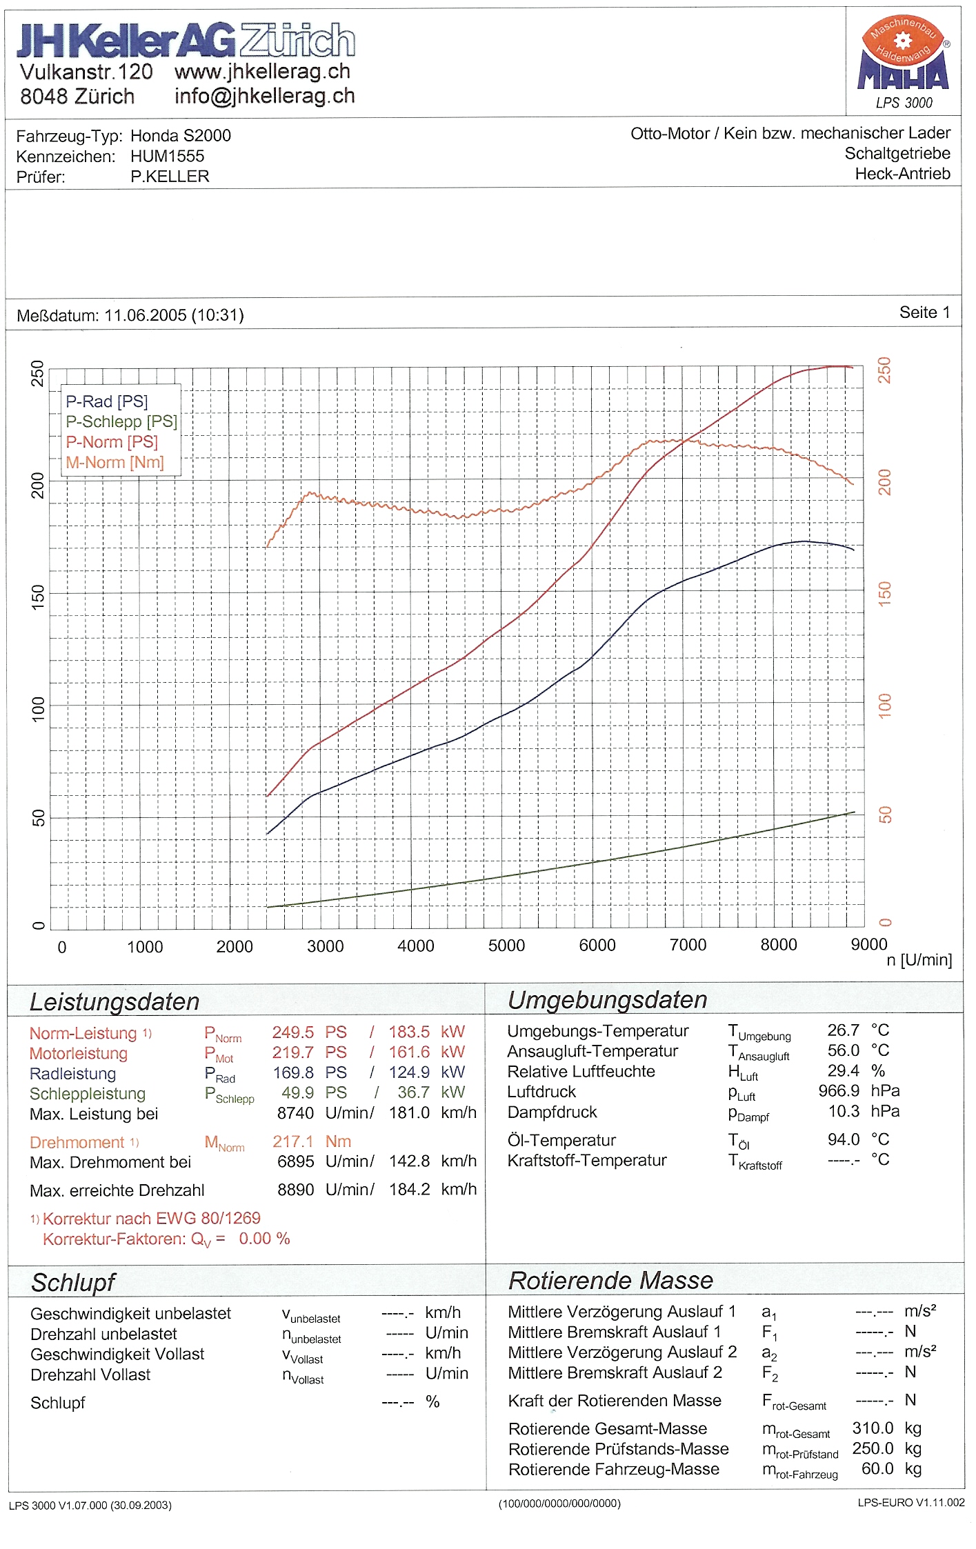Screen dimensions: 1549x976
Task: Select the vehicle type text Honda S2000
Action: tap(181, 136)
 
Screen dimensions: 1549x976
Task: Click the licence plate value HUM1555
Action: tap(168, 157)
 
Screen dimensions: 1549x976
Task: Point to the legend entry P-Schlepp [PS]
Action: tap(121, 421)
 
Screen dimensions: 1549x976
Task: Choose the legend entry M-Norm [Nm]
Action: tap(114, 462)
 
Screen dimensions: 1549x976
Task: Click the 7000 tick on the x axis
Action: tap(688, 945)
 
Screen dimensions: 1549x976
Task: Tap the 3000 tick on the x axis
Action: tap(325, 946)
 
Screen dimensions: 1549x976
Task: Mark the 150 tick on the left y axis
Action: tap(38, 594)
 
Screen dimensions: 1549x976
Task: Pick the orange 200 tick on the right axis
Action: tap(884, 482)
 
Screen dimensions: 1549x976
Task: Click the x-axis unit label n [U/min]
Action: tap(919, 960)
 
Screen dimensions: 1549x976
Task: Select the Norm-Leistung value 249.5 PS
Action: tap(309, 1032)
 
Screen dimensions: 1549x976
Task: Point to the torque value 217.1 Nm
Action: tap(312, 1141)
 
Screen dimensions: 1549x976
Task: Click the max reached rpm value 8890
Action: tap(295, 1190)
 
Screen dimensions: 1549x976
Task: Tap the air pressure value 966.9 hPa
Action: tap(858, 1091)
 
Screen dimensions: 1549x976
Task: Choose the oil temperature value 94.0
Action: tap(844, 1139)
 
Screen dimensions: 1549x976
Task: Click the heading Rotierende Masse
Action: tap(610, 1281)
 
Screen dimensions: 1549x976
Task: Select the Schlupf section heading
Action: tap(73, 1283)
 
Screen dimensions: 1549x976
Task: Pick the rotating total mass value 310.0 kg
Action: tap(886, 1428)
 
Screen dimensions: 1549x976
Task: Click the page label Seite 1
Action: tap(924, 312)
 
